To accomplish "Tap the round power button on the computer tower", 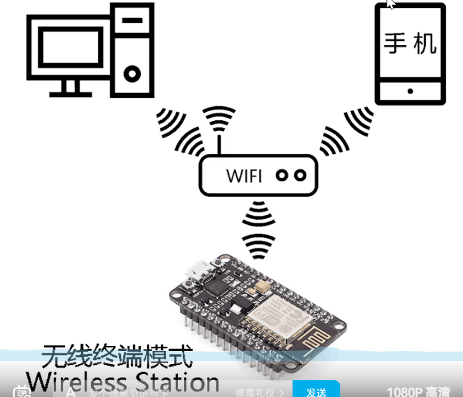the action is click(x=131, y=74).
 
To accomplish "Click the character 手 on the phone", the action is click(x=395, y=42).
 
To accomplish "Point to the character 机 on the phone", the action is click(x=425, y=42).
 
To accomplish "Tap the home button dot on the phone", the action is click(x=410, y=91).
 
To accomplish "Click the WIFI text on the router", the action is click(x=244, y=176).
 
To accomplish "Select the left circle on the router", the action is click(x=283, y=176).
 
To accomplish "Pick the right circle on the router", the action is click(x=300, y=176).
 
